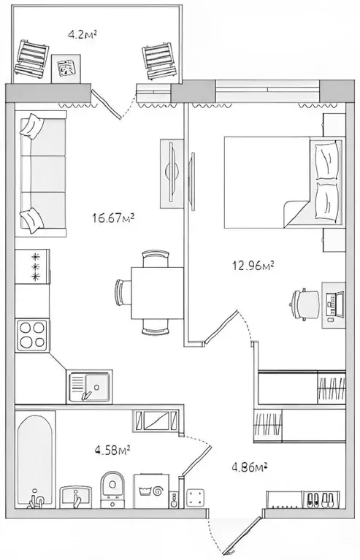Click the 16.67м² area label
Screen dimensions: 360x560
pyautogui.click(x=113, y=218)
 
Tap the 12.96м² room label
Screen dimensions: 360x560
pyautogui.click(x=253, y=266)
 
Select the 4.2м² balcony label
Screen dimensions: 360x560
pyautogui.click(x=83, y=34)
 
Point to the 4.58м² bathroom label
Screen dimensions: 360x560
pyautogui.click(x=112, y=450)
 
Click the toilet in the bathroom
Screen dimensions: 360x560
pyautogui.click(x=112, y=489)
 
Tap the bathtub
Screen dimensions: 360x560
pyautogui.click(x=35, y=460)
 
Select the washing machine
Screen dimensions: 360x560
pyautogui.click(x=151, y=491)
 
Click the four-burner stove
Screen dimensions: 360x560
pyautogui.click(x=33, y=336)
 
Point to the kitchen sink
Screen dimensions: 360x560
pyautogui.click(x=89, y=387)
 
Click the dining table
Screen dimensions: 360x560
pyautogui.click(x=158, y=293)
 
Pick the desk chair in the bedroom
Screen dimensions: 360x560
pyautogui.click(x=305, y=304)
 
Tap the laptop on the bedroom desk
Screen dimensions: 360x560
pyautogui.click(x=334, y=306)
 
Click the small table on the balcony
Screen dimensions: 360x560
pyautogui.click(x=66, y=69)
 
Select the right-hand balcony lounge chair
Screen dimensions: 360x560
pyautogui.click(x=159, y=61)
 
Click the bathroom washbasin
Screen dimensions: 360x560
pyautogui.click(x=75, y=497)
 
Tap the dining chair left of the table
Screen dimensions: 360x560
pyautogui.click(x=123, y=293)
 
